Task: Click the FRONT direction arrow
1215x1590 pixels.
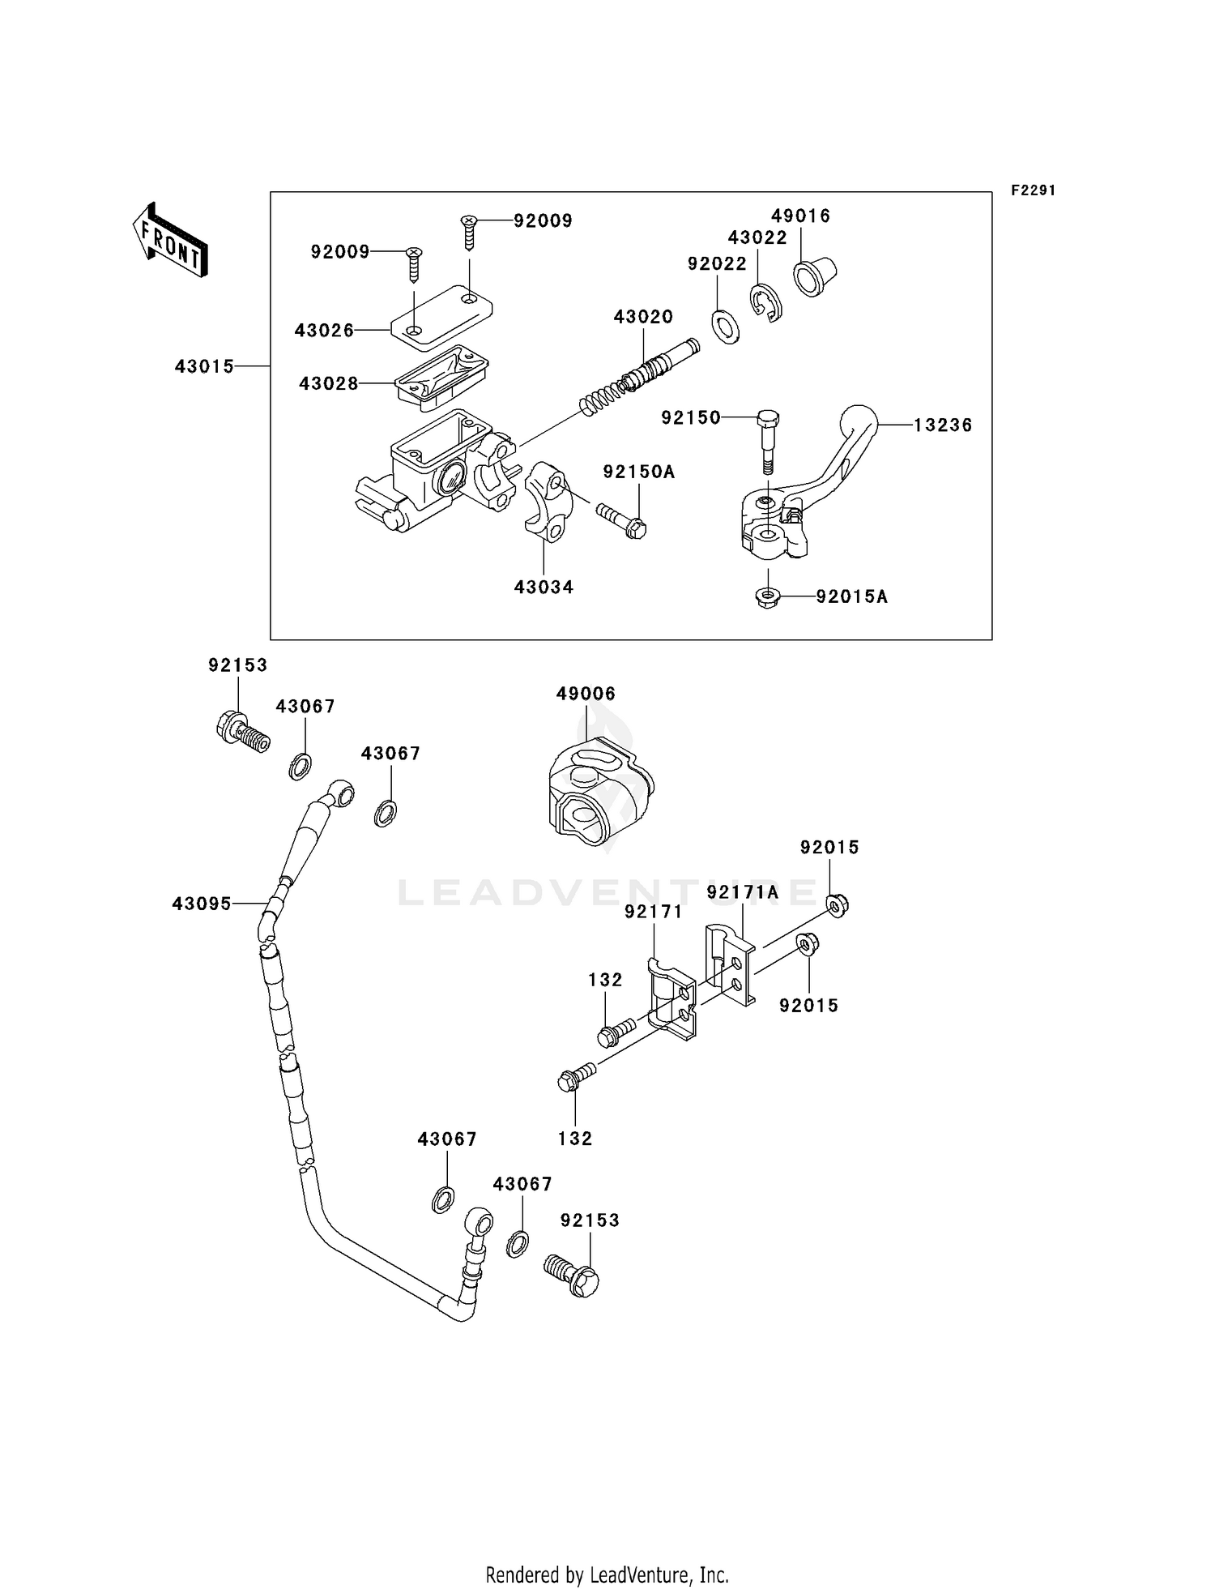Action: [170, 241]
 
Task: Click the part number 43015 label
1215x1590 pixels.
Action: [204, 366]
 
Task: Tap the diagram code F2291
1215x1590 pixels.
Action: [1033, 190]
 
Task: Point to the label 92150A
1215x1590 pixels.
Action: [638, 472]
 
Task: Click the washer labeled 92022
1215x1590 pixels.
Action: [725, 325]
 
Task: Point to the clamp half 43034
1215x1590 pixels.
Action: [544, 507]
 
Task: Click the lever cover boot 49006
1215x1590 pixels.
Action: [600, 791]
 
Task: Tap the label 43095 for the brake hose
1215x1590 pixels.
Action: [201, 903]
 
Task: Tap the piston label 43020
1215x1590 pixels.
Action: [643, 317]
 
